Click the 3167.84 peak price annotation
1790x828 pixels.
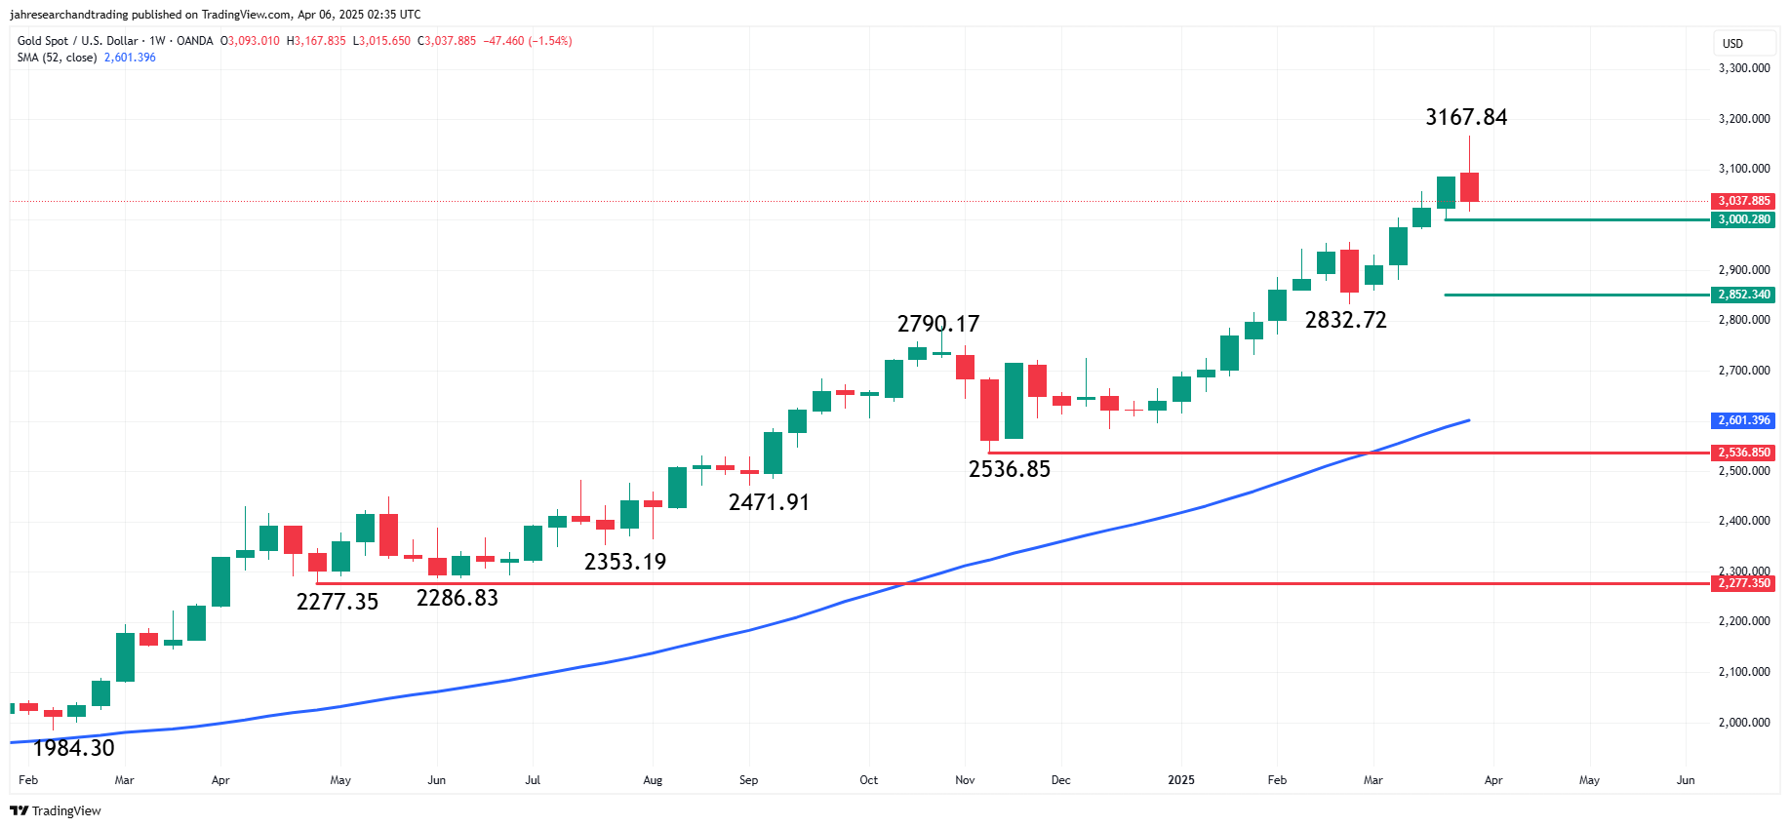click(1465, 117)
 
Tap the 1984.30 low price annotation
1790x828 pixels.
click(74, 748)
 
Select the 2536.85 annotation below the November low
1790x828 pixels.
click(1009, 469)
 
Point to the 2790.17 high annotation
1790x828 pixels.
click(937, 324)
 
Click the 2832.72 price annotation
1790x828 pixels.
click(1345, 320)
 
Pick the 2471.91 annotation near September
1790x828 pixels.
click(769, 502)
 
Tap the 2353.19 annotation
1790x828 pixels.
click(624, 562)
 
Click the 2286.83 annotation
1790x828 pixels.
click(457, 598)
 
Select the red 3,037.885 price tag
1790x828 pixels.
click(1743, 201)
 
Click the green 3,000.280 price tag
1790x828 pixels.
click(1743, 219)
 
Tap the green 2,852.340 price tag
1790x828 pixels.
click(1743, 295)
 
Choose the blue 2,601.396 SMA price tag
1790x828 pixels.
click(1743, 420)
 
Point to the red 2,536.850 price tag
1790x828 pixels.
click(1743, 453)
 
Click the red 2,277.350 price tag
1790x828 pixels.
click(1743, 583)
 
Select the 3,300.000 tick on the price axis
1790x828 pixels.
click(1743, 68)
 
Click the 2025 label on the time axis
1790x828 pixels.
click(1180, 780)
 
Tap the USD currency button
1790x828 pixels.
click(1732, 44)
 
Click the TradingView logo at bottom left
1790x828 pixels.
click(56, 810)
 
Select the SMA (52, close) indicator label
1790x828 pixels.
click(57, 58)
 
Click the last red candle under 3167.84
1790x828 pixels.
click(1469, 187)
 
